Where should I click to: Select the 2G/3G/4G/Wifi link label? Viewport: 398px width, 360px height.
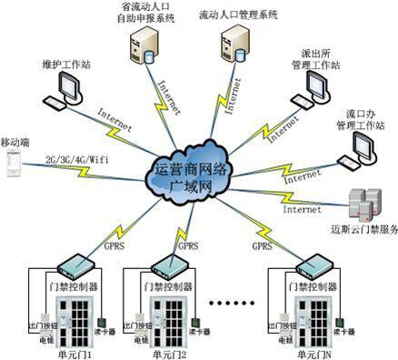pyautogui.click(x=72, y=160)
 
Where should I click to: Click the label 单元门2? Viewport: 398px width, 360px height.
pyautogui.click(x=168, y=354)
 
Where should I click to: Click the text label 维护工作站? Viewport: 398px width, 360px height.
pyautogui.click(x=65, y=65)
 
